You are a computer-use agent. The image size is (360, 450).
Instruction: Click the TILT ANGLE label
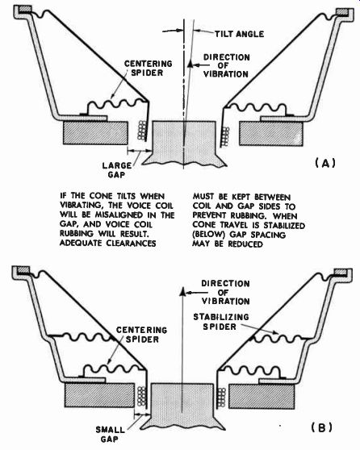tap(240, 34)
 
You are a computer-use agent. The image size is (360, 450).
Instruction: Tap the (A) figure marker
tap(325, 163)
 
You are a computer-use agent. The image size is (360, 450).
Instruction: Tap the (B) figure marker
tap(322, 427)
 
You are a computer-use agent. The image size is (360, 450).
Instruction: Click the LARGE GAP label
tap(117, 169)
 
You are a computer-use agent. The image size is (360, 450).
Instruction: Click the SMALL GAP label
tap(110, 434)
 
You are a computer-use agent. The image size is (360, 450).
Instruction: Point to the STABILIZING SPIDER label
tap(221, 322)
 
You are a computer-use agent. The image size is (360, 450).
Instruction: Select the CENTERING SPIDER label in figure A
tap(148, 68)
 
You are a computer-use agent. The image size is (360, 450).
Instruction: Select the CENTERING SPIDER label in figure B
tap(141, 335)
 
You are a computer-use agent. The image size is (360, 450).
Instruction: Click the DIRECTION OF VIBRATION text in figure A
tap(226, 65)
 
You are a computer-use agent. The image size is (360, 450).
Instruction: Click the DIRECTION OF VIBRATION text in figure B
tap(225, 293)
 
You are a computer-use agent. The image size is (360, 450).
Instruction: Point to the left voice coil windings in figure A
tap(141, 130)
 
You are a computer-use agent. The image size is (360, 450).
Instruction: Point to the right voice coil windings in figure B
tap(221, 398)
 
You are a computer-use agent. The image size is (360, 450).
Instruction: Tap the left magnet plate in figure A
tap(96, 133)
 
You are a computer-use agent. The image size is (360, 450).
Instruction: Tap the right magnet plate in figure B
tap(262, 396)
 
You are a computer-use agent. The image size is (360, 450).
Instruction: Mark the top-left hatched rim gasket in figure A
tap(25, 9)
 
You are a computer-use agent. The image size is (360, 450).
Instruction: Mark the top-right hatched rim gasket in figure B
tap(341, 272)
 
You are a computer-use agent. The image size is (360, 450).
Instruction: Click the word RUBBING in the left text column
tap(76, 233)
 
